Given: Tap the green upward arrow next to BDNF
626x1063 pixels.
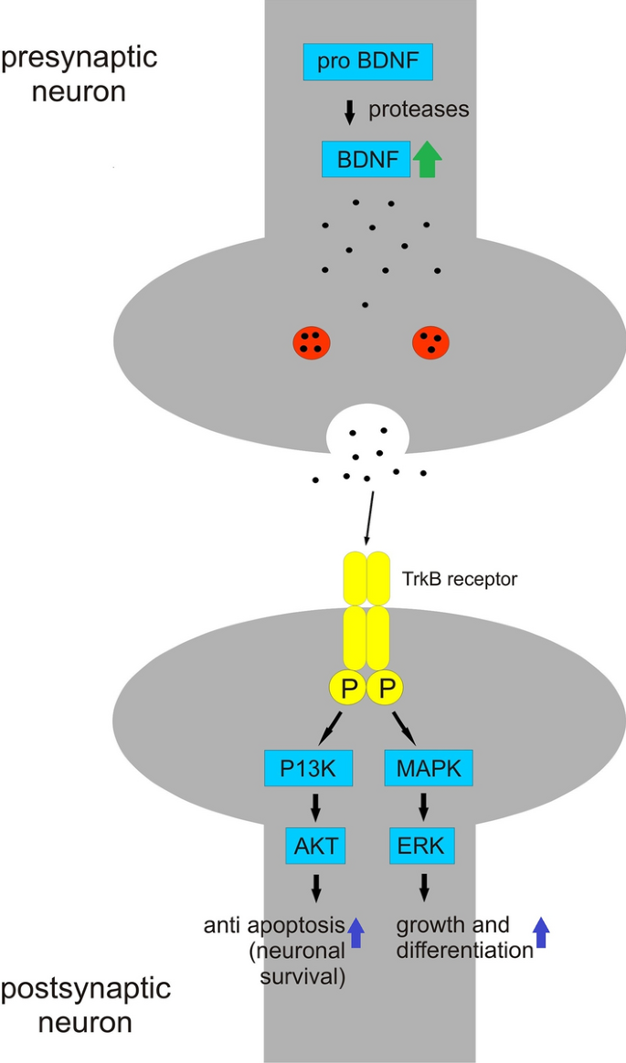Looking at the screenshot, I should point(427,159).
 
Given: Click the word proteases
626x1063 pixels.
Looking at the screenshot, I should point(419,111).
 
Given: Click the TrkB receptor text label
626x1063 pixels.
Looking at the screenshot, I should point(460,578).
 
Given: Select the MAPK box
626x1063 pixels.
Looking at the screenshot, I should point(428,769).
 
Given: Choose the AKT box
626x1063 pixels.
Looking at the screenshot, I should point(316,847).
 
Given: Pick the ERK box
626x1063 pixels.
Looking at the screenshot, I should point(422,847).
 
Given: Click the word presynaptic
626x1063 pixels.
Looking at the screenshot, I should point(79,58).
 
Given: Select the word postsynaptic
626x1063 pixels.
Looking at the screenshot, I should point(86,988).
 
